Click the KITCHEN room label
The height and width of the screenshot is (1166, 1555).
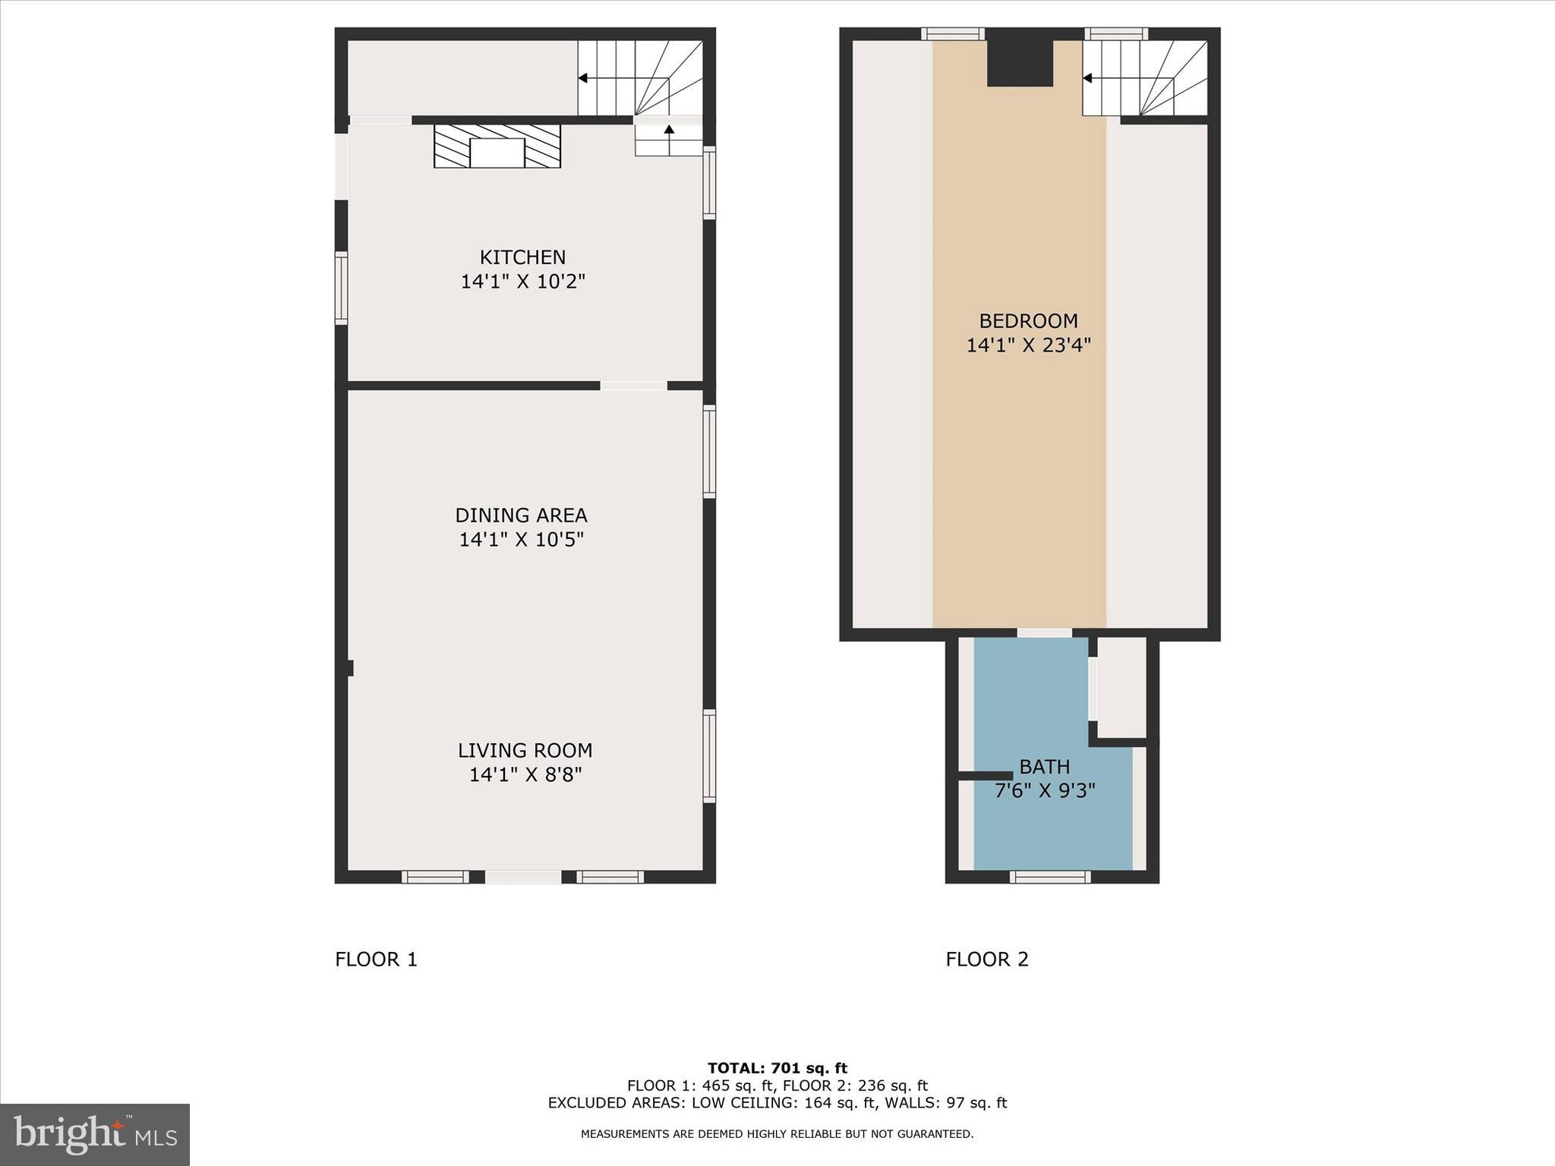tap(522, 257)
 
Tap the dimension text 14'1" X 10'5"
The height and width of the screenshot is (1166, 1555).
tap(521, 540)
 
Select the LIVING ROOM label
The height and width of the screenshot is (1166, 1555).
tap(525, 750)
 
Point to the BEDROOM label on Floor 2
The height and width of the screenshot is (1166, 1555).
tap(1028, 321)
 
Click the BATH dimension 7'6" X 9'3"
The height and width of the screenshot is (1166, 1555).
tap(1045, 791)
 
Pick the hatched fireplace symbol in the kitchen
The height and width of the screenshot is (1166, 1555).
tap(497, 146)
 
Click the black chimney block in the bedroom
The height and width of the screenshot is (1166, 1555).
tap(1020, 62)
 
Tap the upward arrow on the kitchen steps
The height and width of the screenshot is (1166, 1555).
tap(669, 131)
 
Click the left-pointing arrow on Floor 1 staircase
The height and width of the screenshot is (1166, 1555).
tap(583, 78)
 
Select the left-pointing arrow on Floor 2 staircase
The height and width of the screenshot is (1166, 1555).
tap(1087, 78)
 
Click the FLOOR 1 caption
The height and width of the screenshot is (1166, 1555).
tap(376, 960)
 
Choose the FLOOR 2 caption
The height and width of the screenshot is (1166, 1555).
tap(986, 960)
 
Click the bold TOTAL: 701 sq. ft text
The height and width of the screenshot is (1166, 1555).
tap(777, 1068)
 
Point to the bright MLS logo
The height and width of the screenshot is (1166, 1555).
tap(95, 1134)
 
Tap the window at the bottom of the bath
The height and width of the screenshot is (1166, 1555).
tap(1050, 877)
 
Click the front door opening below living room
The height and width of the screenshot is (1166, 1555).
tap(523, 877)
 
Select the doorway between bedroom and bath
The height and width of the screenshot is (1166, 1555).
tap(1045, 632)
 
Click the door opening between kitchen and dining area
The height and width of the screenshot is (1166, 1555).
tap(633, 386)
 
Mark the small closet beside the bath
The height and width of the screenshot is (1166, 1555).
tap(1121, 687)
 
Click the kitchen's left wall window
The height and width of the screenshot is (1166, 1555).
tap(342, 288)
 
